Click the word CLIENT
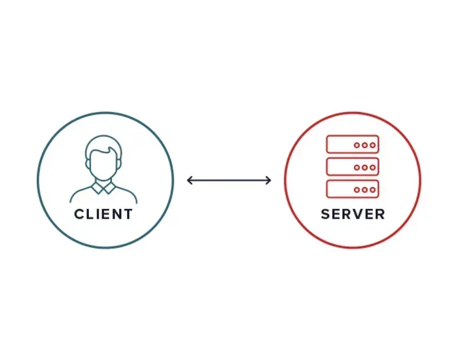[103, 214]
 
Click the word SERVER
[353, 214]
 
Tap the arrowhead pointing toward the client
[190, 180]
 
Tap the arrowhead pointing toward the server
[268, 180]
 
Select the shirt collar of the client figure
[103, 189]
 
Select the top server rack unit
[353, 145]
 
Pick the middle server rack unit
[353, 167]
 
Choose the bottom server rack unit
[353, 189]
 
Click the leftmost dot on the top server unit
[357, 145]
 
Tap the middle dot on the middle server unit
[364, 167]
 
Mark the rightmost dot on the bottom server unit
[372, 189]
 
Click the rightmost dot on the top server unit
[372, 145]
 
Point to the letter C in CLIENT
[79, 214]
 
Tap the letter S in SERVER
[325, 214]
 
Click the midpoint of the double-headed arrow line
[229, 180]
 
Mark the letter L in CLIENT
[90, 214]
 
